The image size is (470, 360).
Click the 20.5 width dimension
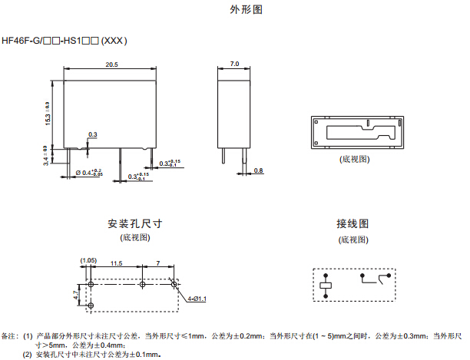(x=111, y=65)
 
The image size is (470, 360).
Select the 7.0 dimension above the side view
(x=234, y=64)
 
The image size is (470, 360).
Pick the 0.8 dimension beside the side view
(x=258, y=170)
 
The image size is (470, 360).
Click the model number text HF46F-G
(x=22, y=40)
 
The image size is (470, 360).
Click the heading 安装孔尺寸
(x=135, y=224)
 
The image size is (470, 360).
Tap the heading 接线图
(x=352, y=224)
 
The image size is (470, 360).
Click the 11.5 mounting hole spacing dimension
(x=116, y=263)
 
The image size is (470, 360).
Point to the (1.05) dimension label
(x=88, y=261)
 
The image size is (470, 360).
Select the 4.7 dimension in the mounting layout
(x=75, y=294)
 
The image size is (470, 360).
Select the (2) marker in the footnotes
(x=27, y=355)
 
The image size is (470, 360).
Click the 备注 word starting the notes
(x=9, y=336)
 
